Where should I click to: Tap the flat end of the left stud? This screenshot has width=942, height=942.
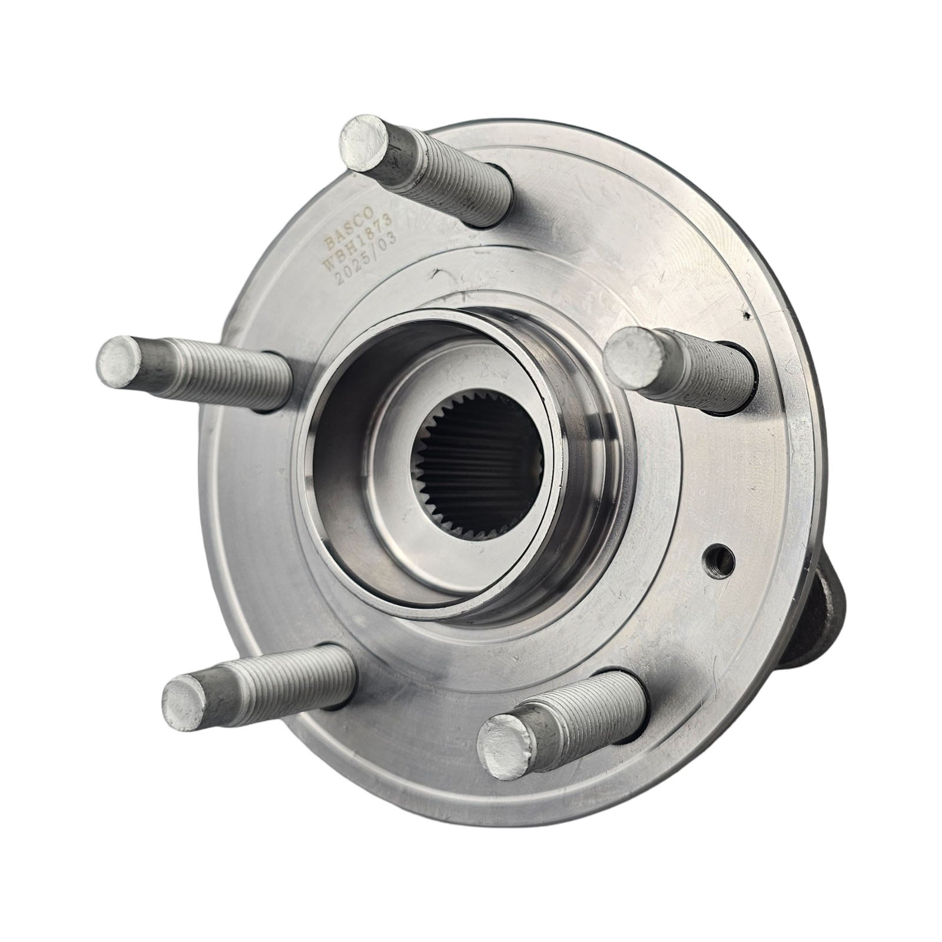coord(121,360)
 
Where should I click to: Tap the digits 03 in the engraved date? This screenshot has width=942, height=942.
coord(388,241)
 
